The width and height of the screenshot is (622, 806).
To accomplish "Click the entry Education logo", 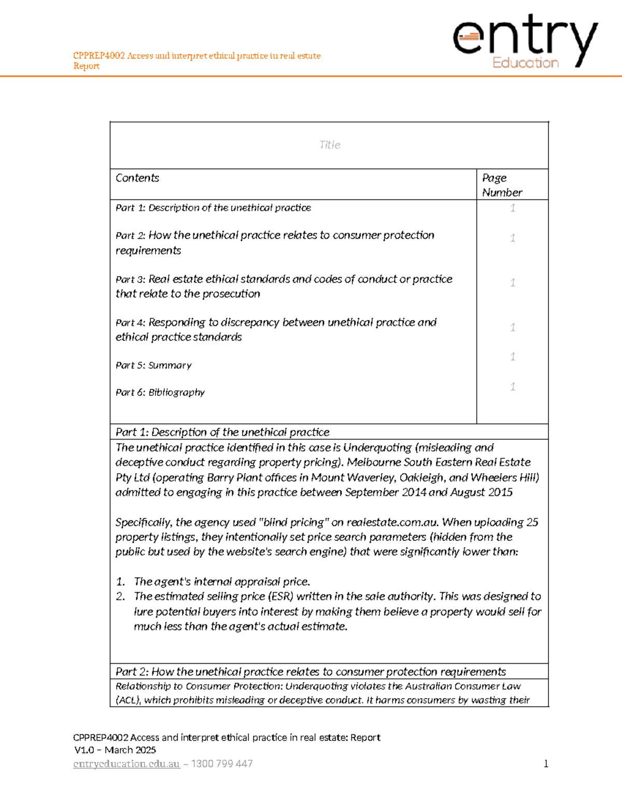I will (x=525, y=42).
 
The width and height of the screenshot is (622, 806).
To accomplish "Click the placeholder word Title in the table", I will (x=330, y=145).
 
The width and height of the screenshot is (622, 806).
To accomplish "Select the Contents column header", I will (x=137, y=178).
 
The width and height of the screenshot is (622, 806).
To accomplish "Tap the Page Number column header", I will (x=502, y=185).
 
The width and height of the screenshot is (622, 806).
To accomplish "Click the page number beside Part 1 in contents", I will (x=513, y=208).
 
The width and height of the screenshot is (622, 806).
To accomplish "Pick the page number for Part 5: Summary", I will (x=513, y=357).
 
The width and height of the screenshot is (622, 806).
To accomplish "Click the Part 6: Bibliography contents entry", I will (x=160, y=392).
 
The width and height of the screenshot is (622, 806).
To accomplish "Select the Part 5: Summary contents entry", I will (x=153, y=365).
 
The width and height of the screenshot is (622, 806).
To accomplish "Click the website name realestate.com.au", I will (x=392, y=522).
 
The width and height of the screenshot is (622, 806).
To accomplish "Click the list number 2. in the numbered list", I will (x=120, y=596).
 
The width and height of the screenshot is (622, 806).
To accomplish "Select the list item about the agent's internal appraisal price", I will (x=222, y=582).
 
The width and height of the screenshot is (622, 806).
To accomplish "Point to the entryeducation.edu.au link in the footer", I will (x=126, y=764).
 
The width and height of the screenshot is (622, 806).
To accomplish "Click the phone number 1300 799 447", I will (x=222, y=764).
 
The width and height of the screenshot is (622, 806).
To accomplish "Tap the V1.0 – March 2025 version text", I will (x=115, y=750).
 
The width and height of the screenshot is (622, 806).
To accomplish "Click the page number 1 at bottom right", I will (x=546, y=763).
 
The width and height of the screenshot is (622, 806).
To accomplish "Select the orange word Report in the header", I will (x=87, y=66).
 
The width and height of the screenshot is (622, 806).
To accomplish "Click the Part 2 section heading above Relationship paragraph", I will (x=310, y=672).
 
